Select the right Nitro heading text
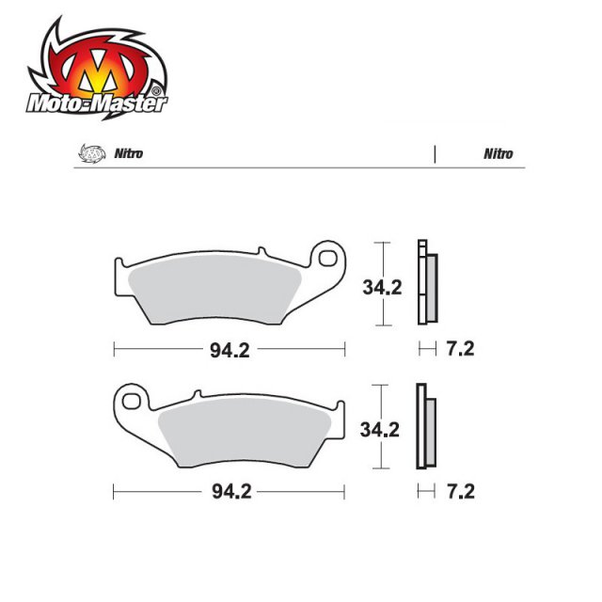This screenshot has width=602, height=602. (x=499, y=153)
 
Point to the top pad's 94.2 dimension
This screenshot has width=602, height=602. (x=230, y=350)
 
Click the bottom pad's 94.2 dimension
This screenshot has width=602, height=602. (x=230, y=492)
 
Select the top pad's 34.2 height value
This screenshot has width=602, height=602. (x=382, y=288)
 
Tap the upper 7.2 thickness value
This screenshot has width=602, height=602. (x=459, y=350)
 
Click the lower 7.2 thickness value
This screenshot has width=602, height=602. (x=459, y=492)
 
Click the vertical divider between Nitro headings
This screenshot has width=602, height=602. (x=435, y=153)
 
